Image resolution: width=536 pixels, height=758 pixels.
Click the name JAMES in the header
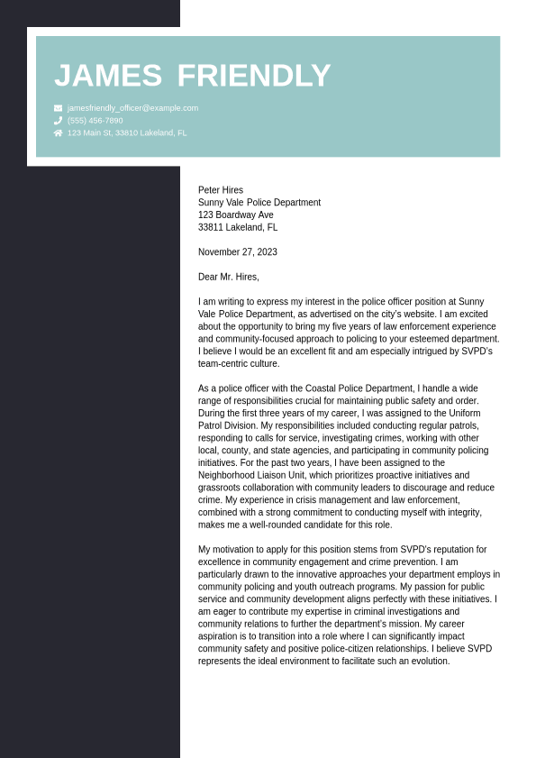[x=108, y=76]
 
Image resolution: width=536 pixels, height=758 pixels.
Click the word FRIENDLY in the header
[x=254, y=76]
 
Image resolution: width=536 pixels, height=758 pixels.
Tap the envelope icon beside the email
[x=59, y=108]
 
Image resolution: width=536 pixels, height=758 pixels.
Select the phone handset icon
[x=59, y=121]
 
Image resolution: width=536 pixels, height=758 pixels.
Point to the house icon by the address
[x=59, y=133]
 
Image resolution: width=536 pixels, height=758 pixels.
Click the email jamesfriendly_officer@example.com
[x=132, y=108]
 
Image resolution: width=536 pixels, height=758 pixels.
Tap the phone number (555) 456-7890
[x=95, y=121]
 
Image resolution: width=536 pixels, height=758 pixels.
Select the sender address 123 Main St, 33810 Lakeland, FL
[x=127, y=133]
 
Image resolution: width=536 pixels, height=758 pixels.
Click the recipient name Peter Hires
[x=221, y=190]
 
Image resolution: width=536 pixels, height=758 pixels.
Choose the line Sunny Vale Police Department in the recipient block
[x=259, y=203]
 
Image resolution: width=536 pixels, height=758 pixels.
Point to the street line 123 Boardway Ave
[x=236, y=215]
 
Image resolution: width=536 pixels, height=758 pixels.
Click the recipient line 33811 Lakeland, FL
[x=238, y=228]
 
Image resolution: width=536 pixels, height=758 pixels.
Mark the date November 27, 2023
[x=238, y=252]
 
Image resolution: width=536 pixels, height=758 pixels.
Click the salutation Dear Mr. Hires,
[x=229, y=277]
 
